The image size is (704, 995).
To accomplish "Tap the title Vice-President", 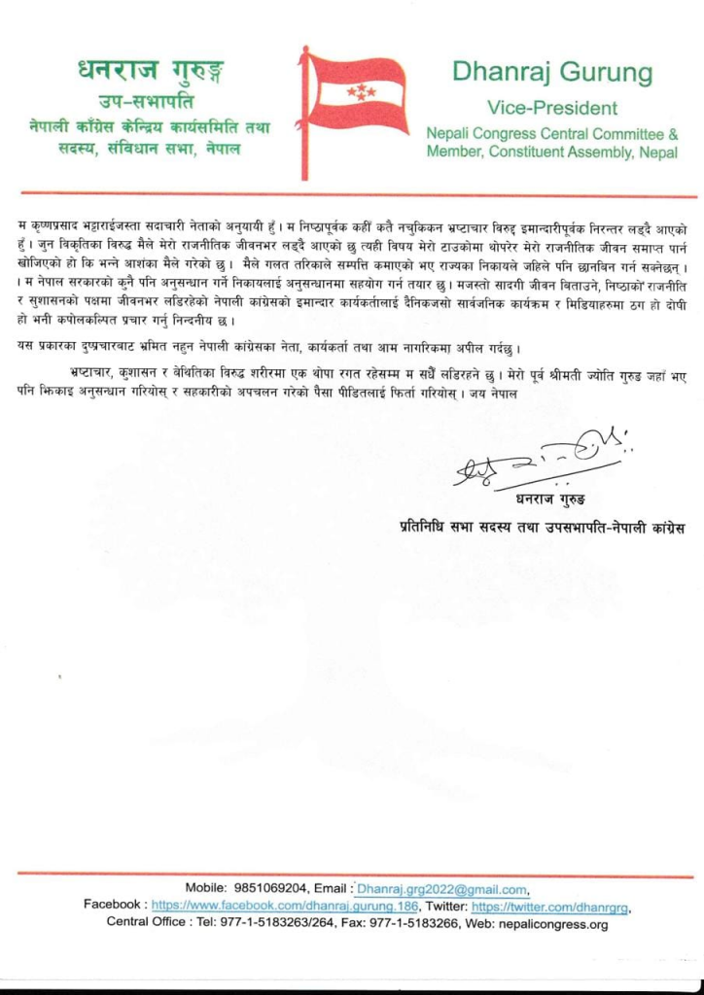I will point(551,107).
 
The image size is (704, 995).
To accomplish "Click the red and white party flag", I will point(359,94).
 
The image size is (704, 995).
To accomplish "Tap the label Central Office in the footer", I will point(145,923).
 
